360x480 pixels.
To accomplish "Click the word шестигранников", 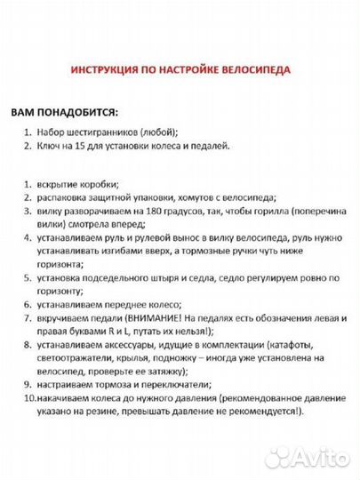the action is pos(108,132).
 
